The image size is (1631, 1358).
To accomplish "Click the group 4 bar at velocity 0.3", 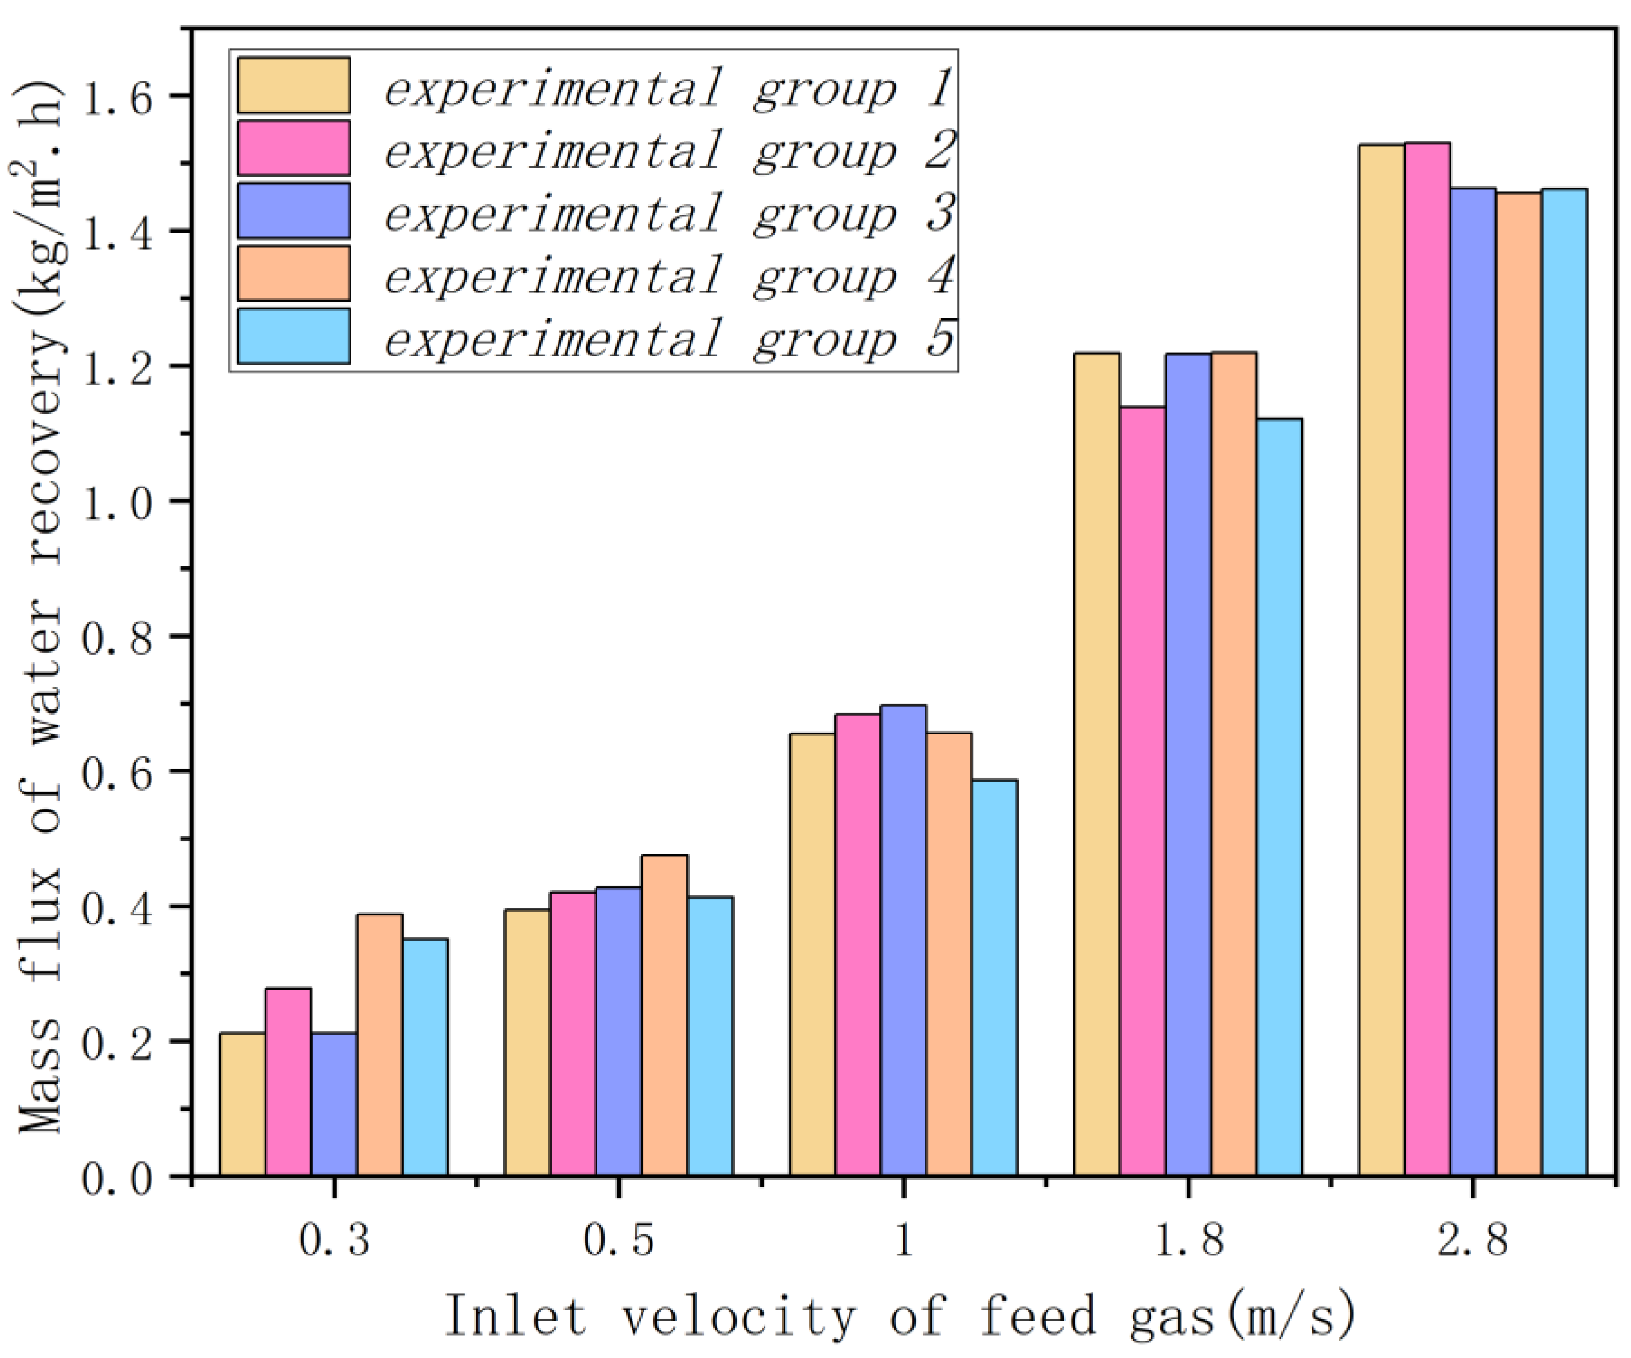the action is coord(380,1045).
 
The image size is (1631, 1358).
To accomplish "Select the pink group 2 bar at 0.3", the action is coord(288,1082).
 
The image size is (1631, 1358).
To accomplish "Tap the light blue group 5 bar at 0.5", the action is coord(710,1037).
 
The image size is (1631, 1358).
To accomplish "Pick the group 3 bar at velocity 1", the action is coord(903,941).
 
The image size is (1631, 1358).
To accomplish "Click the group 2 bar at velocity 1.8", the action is coord(1142,792).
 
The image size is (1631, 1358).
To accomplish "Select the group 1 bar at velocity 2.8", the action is coord(1381,660).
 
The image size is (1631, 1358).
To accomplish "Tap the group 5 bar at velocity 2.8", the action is coord(1564,683).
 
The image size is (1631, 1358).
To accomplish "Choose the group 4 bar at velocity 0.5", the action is coord(664,1016).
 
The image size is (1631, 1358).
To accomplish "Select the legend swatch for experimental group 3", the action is coord(294,210).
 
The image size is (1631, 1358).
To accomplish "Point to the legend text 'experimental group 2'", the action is coord(668,149).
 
